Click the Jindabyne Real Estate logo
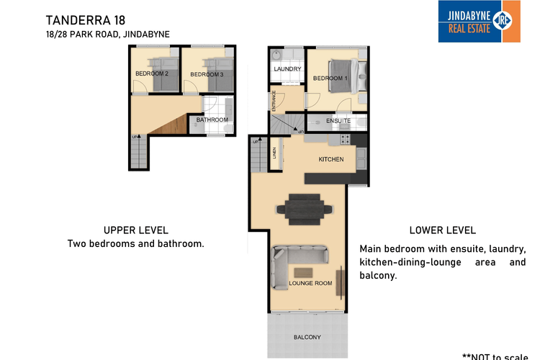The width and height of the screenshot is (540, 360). coord(479,21)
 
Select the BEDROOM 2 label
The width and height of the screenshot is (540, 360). coord(151,73)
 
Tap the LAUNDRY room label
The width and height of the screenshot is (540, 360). coord(287,69)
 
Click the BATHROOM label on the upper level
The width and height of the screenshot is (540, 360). coord(212,120)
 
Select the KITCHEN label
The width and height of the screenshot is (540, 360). coord(331,159)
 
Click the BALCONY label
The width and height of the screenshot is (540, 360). coord(307,337)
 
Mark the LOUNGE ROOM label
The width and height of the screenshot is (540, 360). coord(310,284)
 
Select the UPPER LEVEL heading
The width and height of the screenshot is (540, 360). coord(136,230)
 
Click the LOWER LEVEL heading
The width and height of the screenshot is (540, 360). coord(442,230)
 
